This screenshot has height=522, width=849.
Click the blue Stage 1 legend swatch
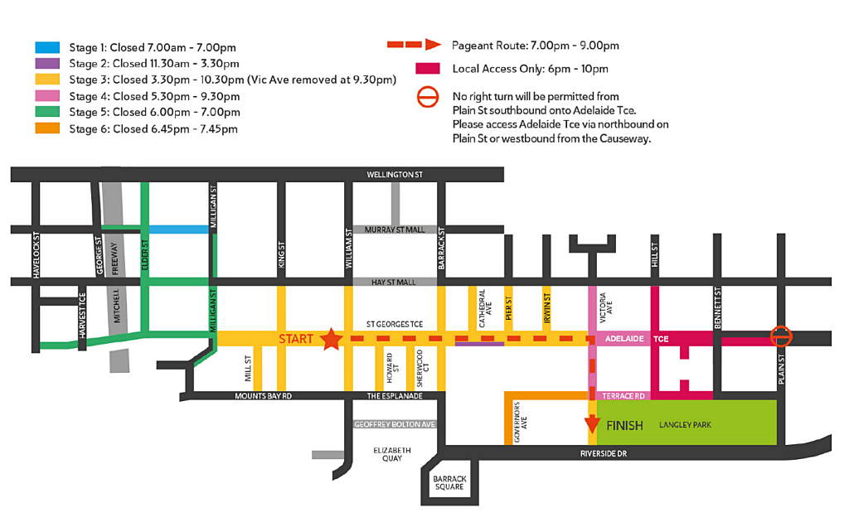[47, 48]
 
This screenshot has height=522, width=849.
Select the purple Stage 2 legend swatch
[47, 64]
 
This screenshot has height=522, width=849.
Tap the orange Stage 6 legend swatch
[47, 128]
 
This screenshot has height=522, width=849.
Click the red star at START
[331, 338]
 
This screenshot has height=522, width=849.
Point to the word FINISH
[624, 426]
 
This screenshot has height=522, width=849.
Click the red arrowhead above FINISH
[592, 425]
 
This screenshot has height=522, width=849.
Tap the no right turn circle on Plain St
[781, 336]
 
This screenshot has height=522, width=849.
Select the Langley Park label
[685, 426]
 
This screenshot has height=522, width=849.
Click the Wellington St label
[395, 175]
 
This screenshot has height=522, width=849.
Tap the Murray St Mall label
[395, 230]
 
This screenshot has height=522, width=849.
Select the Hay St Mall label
[395, 283]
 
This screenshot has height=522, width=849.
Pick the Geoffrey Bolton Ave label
[395, 424]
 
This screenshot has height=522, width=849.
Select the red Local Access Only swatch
[427, 69]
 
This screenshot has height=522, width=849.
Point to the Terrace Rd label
[623, 396]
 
